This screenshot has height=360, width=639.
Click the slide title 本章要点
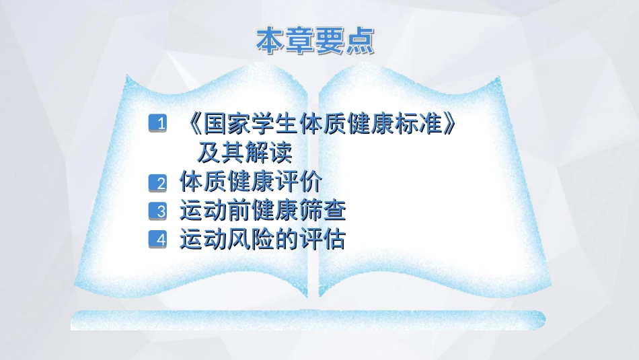coord(315,41)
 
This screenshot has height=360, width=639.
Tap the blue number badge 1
coord(157,123)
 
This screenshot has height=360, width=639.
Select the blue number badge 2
coord(157,183)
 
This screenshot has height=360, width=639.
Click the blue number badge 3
coord(157,211)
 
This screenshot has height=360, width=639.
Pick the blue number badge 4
coord(157,240)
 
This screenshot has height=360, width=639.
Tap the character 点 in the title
coord(361,41)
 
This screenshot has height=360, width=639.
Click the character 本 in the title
coord(270,41)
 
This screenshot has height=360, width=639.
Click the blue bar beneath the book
coord(308,320)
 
